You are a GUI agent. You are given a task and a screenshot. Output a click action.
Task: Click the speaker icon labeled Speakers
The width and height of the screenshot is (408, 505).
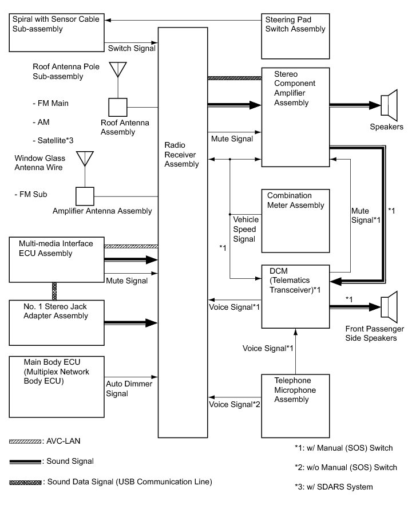pos(389,105)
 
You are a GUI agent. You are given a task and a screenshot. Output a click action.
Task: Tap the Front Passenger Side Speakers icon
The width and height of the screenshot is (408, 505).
pos(389,307)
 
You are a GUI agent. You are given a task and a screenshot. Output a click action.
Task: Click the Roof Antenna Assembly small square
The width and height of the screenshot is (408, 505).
pos(118,107)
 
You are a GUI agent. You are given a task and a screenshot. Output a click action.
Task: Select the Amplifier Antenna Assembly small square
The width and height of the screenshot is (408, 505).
pos(85,196)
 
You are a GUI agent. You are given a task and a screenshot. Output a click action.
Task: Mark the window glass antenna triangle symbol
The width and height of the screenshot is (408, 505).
pos(85,159)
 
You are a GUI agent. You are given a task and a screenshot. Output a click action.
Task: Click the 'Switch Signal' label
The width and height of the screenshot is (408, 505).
pos(132,48)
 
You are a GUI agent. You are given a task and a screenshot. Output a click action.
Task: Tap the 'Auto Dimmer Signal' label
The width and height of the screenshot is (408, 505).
pos(129,388)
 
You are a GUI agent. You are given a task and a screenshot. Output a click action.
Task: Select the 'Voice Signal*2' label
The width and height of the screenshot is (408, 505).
pos(234,404)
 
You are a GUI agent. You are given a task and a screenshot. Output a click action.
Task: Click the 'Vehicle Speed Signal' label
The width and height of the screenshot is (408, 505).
pos(246,229)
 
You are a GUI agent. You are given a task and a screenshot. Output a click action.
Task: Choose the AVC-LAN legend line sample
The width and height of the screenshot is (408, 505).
pos(25,441)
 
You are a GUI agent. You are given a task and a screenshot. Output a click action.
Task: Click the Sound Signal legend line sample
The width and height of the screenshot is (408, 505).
pos(25,462)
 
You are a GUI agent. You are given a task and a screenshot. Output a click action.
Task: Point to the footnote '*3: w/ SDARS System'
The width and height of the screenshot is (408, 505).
pos(334,487)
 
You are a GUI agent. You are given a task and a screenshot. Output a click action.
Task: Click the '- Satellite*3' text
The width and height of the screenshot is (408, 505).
pos(53,140)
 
